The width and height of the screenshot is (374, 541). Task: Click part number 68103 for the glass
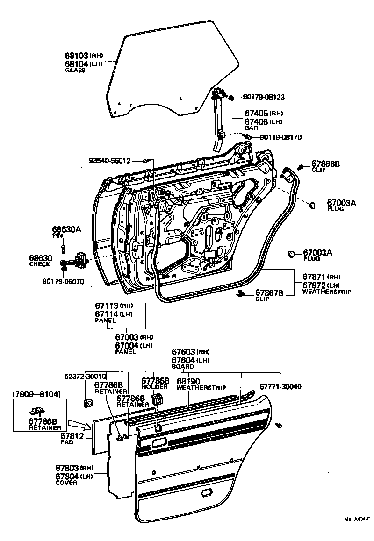(x=76, y=55)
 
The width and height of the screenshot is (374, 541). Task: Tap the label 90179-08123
(x=264, y=97)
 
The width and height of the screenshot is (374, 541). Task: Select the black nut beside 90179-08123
(x=231, y=98)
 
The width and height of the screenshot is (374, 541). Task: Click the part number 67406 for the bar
(x=256, y=121)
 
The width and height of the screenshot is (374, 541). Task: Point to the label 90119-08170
(x=280, y=137)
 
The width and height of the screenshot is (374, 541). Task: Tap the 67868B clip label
(x=325, y=164)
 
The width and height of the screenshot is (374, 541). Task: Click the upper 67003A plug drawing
(x=314, y=204)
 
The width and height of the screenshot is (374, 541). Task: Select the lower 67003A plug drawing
(x=291, y=254)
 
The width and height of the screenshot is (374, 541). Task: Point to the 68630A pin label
(x=66, y=229)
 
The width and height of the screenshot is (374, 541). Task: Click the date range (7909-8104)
(x=36, y=394)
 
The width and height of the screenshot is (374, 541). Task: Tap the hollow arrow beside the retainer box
(x=78, y=424)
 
